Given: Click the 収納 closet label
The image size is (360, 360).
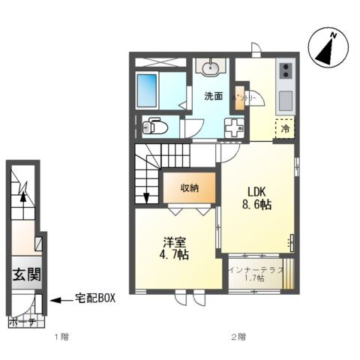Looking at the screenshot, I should [x=189, y=188].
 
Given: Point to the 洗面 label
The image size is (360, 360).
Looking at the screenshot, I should [x=214, y=96].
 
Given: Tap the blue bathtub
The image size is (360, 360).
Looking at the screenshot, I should [x=157, y=89].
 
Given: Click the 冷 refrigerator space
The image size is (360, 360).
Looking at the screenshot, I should [x=285, y=129].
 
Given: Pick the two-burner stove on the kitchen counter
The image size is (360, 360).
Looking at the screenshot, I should [x=285, y=72].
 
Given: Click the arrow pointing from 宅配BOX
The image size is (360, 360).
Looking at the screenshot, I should [x=58, y=301].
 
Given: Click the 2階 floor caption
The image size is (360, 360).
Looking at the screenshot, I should [x=237, y=337].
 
